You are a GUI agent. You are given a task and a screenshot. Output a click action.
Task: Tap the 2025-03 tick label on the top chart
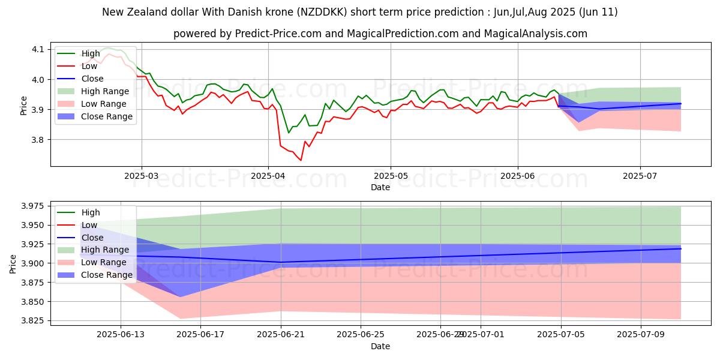pyautogui.click(x=142, y=176)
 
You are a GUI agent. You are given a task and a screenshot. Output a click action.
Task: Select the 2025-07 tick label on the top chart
pyautogui.click(x=640, y=176)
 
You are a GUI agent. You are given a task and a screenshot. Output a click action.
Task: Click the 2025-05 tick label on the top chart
pyautogui.click(x=391, y=176)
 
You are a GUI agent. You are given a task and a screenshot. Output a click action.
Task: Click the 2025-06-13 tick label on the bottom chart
pyautogui.click(x=121, y=335)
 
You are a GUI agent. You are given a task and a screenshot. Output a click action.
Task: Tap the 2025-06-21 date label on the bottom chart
pyautogui.click(x=281, y=335)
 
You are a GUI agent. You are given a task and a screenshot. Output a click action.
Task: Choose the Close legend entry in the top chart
pyautogui.click(x=92, y=79)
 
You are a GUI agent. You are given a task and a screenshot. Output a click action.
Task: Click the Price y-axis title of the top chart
pyautogui.click(x=24, y=106)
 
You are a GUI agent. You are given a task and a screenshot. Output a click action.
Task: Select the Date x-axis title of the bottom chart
pyautogui.click(x=380, y=346)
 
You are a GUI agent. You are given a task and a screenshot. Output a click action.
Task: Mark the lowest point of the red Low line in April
pyautogui.click(x=301, y=160)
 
